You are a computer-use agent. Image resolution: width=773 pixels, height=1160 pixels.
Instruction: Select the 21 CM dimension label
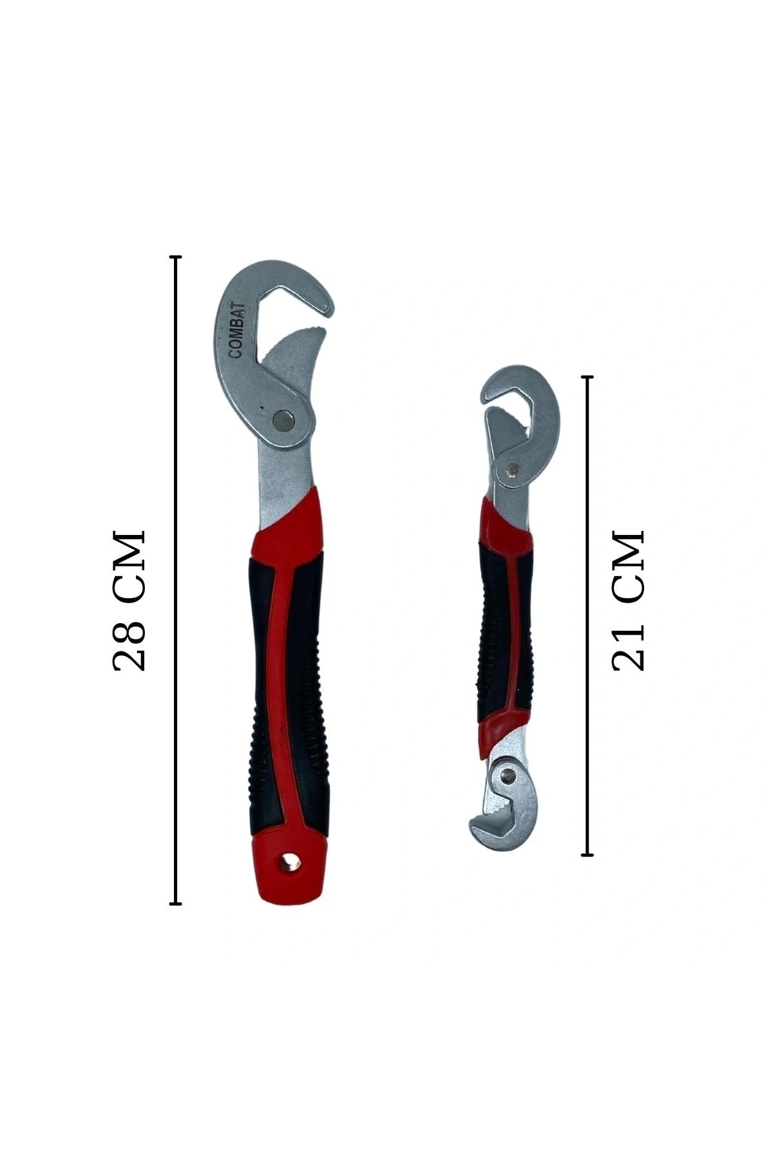[x=627, y=601]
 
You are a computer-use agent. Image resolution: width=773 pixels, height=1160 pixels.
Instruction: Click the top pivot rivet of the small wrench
[x=513, y=470]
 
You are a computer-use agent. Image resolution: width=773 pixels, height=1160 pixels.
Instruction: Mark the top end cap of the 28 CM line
[x=175, y=256]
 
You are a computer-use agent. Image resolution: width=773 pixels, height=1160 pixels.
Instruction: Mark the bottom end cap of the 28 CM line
[x=175, y=904]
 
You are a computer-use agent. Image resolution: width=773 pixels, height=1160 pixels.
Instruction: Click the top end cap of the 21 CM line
[x=587, y=376]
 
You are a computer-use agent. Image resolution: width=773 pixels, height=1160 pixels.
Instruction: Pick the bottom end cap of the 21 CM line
[x=587, y=855]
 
